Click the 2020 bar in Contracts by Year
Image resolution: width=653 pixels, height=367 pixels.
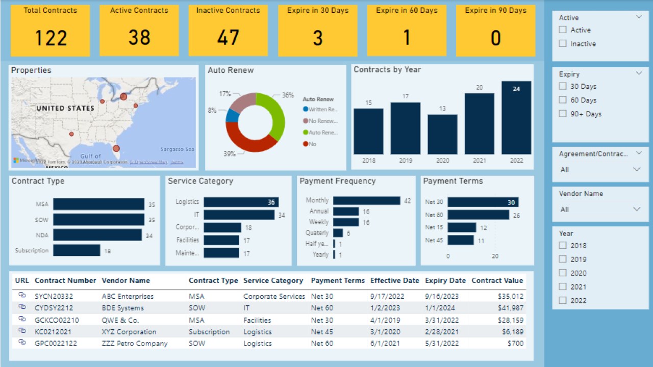point(442,135)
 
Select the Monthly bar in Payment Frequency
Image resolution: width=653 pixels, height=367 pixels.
point(367,201)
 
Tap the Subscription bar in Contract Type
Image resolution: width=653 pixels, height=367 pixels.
point(77,250)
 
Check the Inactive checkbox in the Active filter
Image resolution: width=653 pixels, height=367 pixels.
point(563,44)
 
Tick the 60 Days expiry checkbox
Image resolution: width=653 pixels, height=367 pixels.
point(563,100)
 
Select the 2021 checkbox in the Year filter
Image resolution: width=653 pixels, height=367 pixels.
point(563,287)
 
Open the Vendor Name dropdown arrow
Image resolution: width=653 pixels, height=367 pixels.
point(637,209)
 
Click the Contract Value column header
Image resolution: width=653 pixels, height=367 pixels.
point(497,280)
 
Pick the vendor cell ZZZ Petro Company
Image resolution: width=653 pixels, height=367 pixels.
point(135,344)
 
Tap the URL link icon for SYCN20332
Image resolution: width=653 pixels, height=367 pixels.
point(22,296)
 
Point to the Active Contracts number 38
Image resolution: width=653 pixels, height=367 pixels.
point(139,38)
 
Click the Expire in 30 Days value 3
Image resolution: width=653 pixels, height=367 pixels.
point(317,38)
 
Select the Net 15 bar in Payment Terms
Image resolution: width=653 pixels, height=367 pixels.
point(462,227)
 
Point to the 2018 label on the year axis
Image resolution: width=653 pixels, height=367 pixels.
point(368,161)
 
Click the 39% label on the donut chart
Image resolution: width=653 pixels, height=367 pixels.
point(229,153)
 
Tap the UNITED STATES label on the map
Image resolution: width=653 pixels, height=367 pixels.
point(65,108)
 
